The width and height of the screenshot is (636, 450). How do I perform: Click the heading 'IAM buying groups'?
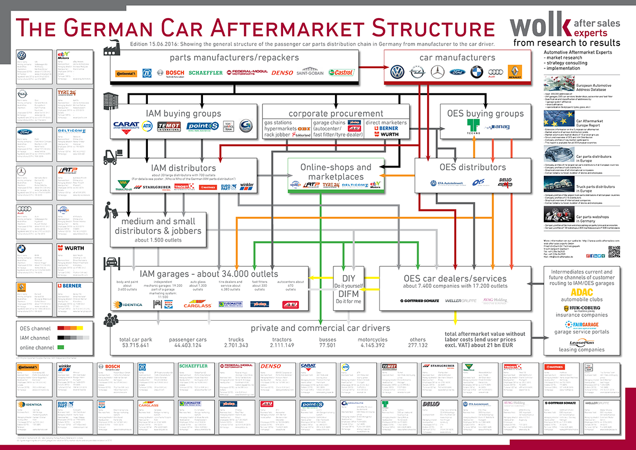(183, 113)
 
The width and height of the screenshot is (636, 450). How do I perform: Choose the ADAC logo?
(582, 291)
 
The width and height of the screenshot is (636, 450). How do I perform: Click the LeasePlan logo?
(582, 342)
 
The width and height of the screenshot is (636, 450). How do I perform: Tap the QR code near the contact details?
(614, 252)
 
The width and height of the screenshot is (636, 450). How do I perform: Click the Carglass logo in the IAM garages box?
(197, 305)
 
